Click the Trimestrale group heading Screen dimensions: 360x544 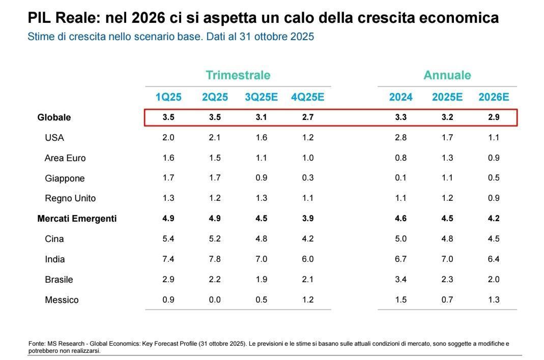(238, 75)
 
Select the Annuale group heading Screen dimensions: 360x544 (447, 75)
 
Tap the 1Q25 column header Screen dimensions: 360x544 (168, 97)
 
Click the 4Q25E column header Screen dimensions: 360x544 (307, 97)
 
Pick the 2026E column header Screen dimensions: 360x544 (493, 97)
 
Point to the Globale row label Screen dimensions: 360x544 (54, 117)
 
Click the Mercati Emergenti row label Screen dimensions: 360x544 (77, 219)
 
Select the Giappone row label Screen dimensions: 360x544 (65, 178)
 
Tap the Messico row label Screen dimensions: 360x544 (62, 300)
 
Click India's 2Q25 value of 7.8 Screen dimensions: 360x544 (215, 259)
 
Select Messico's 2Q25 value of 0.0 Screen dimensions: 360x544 (215, 300)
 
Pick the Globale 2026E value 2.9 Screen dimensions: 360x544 (493, 117)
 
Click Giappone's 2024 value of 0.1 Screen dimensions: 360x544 (400, 178)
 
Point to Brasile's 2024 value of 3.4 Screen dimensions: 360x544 (400, 280)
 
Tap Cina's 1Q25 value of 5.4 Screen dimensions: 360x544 (168, 239)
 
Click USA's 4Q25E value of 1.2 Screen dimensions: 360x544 (307, 138)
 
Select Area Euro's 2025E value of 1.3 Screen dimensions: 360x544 (447, 158)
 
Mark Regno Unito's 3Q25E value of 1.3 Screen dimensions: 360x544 (261, 198)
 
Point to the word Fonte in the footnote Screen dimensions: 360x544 (36, 344)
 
